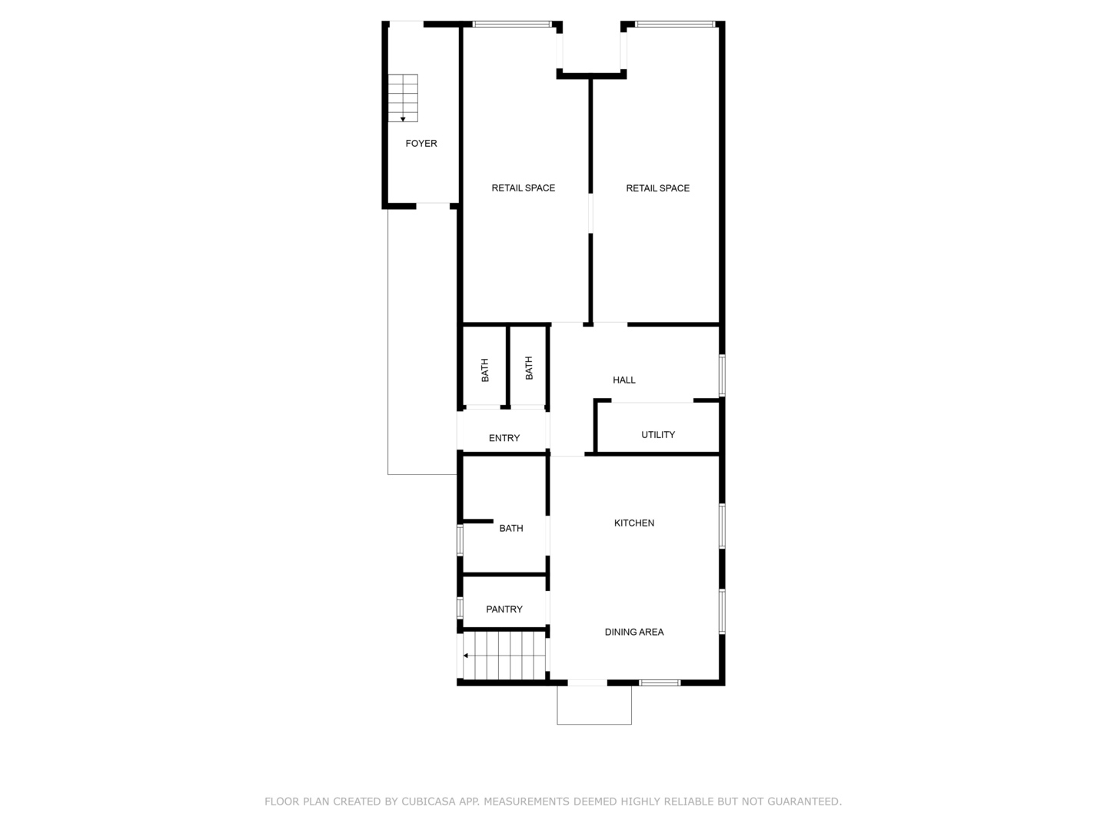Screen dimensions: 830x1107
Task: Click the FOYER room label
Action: (421, 144)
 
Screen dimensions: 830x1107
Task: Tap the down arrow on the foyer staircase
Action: (403, 119)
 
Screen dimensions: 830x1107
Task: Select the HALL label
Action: (623, 380)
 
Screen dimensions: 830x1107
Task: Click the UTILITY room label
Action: (658, 435)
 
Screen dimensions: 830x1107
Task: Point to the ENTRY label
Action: (504, 438)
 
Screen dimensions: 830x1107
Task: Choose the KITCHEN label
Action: (634, 523)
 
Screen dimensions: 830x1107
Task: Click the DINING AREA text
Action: (634, 632)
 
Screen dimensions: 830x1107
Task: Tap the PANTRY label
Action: (504, 609)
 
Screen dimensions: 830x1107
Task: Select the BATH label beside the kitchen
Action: (511, 529)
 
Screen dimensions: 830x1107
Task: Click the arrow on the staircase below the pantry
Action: (466, 656)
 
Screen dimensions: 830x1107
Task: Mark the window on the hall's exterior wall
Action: (722, 375)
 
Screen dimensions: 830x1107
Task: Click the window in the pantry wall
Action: (460, 608)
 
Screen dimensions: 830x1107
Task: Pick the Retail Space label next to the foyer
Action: (524, 188)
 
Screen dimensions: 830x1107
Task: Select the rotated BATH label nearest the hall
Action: (529, 368)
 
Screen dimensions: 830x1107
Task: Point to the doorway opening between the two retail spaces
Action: (590, 213)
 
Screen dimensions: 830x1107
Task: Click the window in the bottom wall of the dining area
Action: (660, 682)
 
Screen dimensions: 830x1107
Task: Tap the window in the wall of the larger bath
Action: (460, 539)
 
